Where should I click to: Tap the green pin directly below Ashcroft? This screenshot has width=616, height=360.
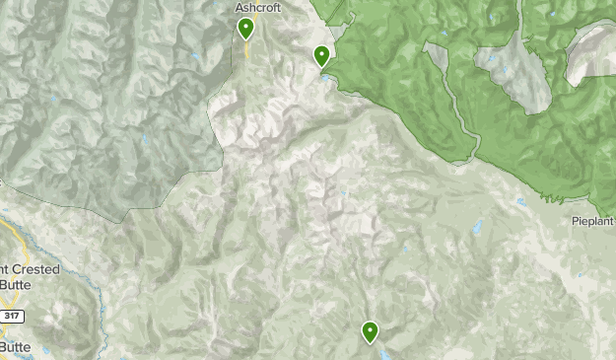[245, 30]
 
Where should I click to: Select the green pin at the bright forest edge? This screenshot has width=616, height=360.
[321, 57]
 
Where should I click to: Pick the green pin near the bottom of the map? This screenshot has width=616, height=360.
[371, 332]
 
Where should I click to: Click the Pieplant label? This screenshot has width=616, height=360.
[593, 222]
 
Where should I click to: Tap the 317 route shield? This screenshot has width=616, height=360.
[13, 316]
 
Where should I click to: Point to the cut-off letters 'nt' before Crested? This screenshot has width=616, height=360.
[5, 269]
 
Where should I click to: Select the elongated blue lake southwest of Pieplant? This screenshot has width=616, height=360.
[476, 229]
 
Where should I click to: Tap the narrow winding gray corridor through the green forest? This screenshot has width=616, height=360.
[459, 108]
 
